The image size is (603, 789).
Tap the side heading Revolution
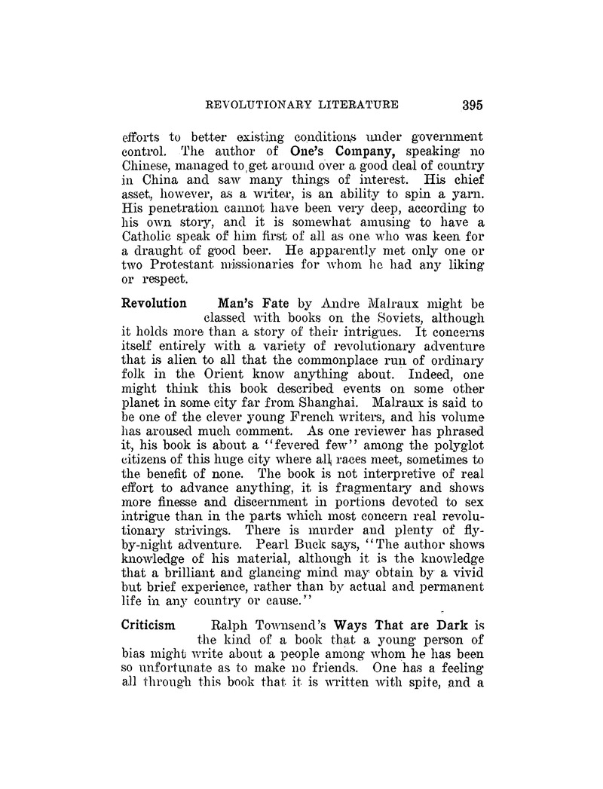[155, 304]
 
